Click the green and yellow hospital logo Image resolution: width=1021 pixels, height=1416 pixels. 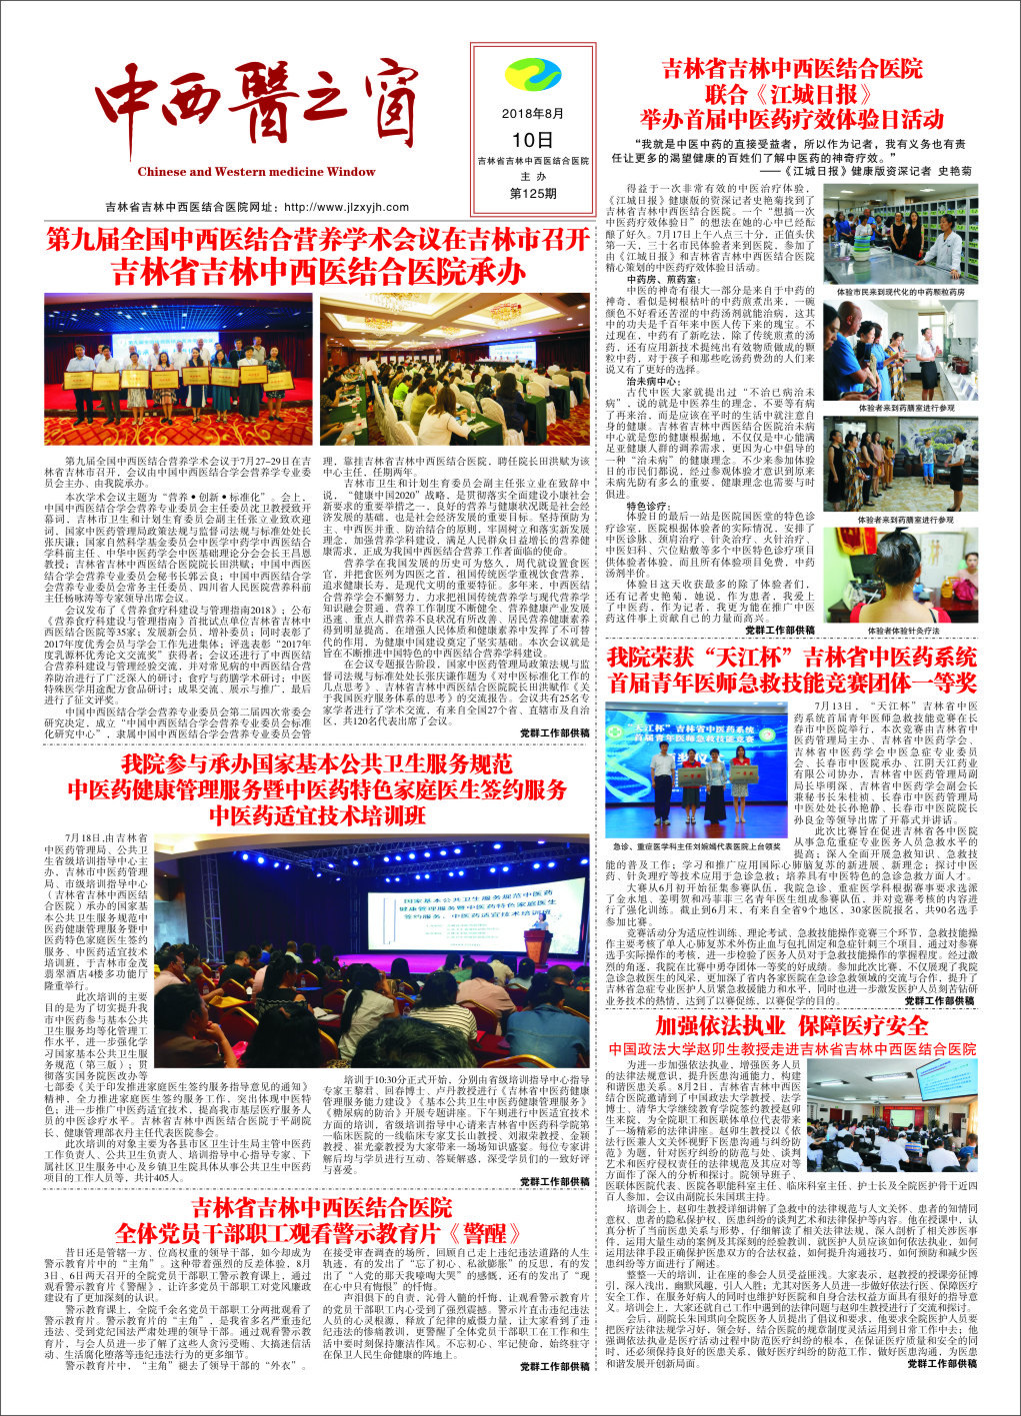[533, 76]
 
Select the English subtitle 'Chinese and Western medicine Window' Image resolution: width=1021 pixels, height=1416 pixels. [257, 172]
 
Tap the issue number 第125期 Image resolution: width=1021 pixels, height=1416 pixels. [533, 194]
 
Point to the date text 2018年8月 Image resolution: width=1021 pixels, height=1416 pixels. [533, 114]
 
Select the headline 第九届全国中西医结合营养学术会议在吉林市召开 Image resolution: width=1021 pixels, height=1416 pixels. [318, 240]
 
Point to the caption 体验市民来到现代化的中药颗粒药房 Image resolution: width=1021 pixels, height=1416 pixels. [901, 293]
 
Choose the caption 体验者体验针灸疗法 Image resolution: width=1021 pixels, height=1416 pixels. [903, 632]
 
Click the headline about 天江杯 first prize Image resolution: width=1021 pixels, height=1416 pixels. [792, 671]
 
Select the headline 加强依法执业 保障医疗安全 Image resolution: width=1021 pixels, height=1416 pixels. [792, 1026]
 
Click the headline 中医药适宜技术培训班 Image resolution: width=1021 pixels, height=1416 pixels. [317, 814]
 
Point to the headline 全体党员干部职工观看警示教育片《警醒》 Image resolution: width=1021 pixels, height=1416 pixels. [317, 1233]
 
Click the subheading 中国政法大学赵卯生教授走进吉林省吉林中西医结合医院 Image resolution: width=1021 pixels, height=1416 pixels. [792, 1049]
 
